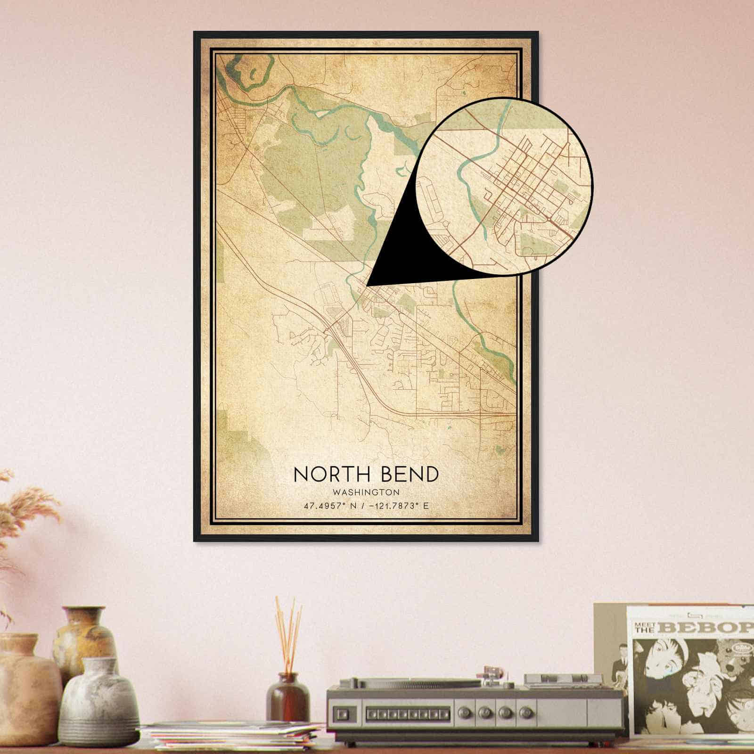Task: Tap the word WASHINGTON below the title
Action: coord(366,492)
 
